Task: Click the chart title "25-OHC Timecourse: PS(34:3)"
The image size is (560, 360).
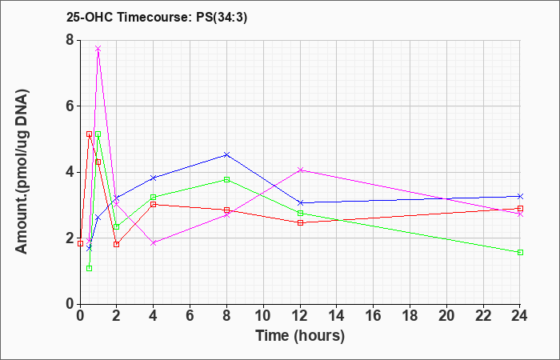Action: point(157,18)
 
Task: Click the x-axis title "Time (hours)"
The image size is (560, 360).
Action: point(300,336)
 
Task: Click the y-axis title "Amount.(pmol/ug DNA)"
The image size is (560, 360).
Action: point(22,172)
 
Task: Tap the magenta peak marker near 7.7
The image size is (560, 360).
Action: point(98,49)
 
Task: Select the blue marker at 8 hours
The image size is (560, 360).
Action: point(226,154)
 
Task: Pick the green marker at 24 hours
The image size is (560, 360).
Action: point(520,253)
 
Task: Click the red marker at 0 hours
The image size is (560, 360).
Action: point(80,243)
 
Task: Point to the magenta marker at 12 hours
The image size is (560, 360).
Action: point(300,170)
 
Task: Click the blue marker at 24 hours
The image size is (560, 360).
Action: point(520,197)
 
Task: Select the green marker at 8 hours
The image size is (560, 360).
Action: point(226,180)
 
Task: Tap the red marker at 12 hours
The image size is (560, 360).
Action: point(300,223)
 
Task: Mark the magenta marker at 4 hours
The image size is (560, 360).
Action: point(154,243)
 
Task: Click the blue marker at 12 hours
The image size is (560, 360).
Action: point(300,203)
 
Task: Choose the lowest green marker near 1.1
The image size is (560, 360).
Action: point(90,268)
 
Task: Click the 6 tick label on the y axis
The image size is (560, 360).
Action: point(71,106)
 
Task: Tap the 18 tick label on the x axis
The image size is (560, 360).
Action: point(410,316)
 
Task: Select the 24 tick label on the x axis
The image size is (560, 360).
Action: point(519,316)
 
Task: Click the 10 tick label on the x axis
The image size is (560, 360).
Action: point(263,316)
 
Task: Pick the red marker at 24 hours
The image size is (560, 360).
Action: point(520,209)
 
